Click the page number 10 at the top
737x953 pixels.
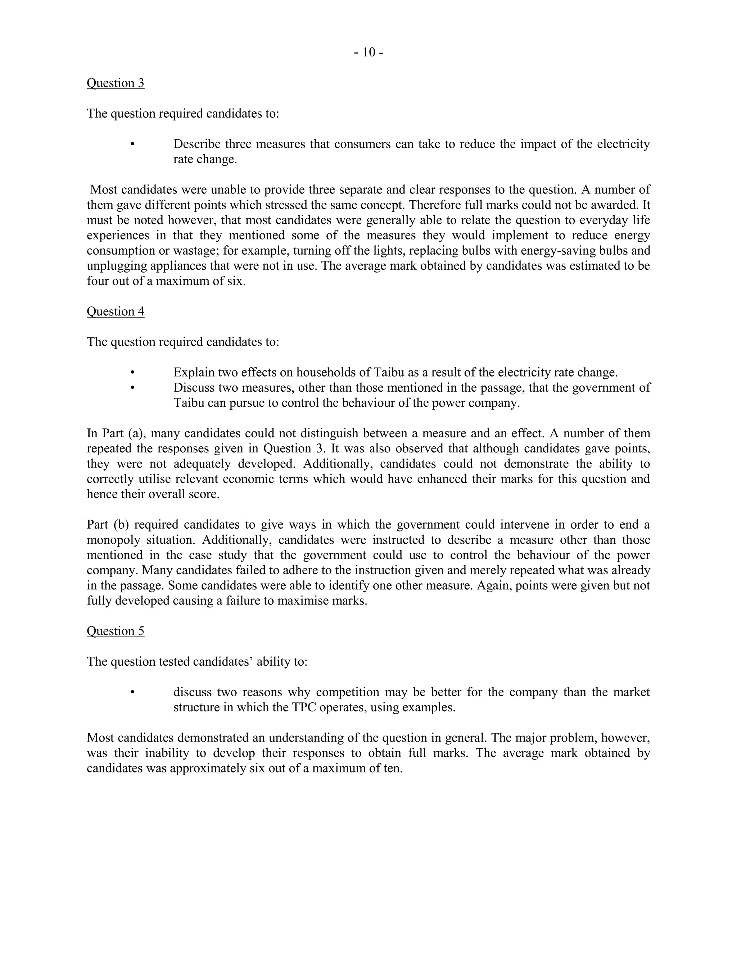click(x=368, y=53)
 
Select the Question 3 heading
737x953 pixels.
click(x=115, y=83)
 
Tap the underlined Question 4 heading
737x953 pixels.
click(x=115, y=311)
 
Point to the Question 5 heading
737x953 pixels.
click(x=115, y=631)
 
